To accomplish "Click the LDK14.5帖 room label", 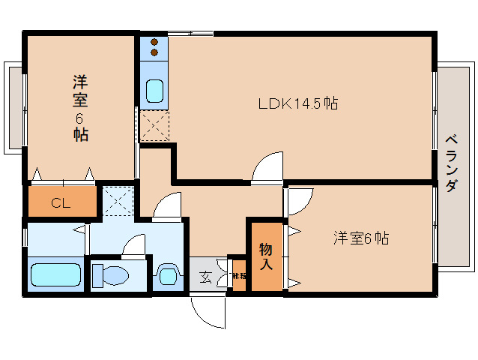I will [297, 103].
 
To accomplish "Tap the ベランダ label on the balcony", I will [451, 163].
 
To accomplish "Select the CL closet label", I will [62, 202].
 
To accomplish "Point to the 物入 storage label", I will [266, 256].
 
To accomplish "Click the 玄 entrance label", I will [205, 277].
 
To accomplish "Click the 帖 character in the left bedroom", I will [80, 135].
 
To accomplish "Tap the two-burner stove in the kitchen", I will [154, 48].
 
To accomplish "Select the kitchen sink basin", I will [154, 91].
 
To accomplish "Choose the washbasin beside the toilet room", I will [166, 275].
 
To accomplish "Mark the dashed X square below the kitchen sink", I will [155, 124].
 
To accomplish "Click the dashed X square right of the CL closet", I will [118, 199].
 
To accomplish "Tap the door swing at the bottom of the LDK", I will [267, 169].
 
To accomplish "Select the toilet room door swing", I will [135, 245].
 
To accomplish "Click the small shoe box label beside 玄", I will [239, 277].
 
